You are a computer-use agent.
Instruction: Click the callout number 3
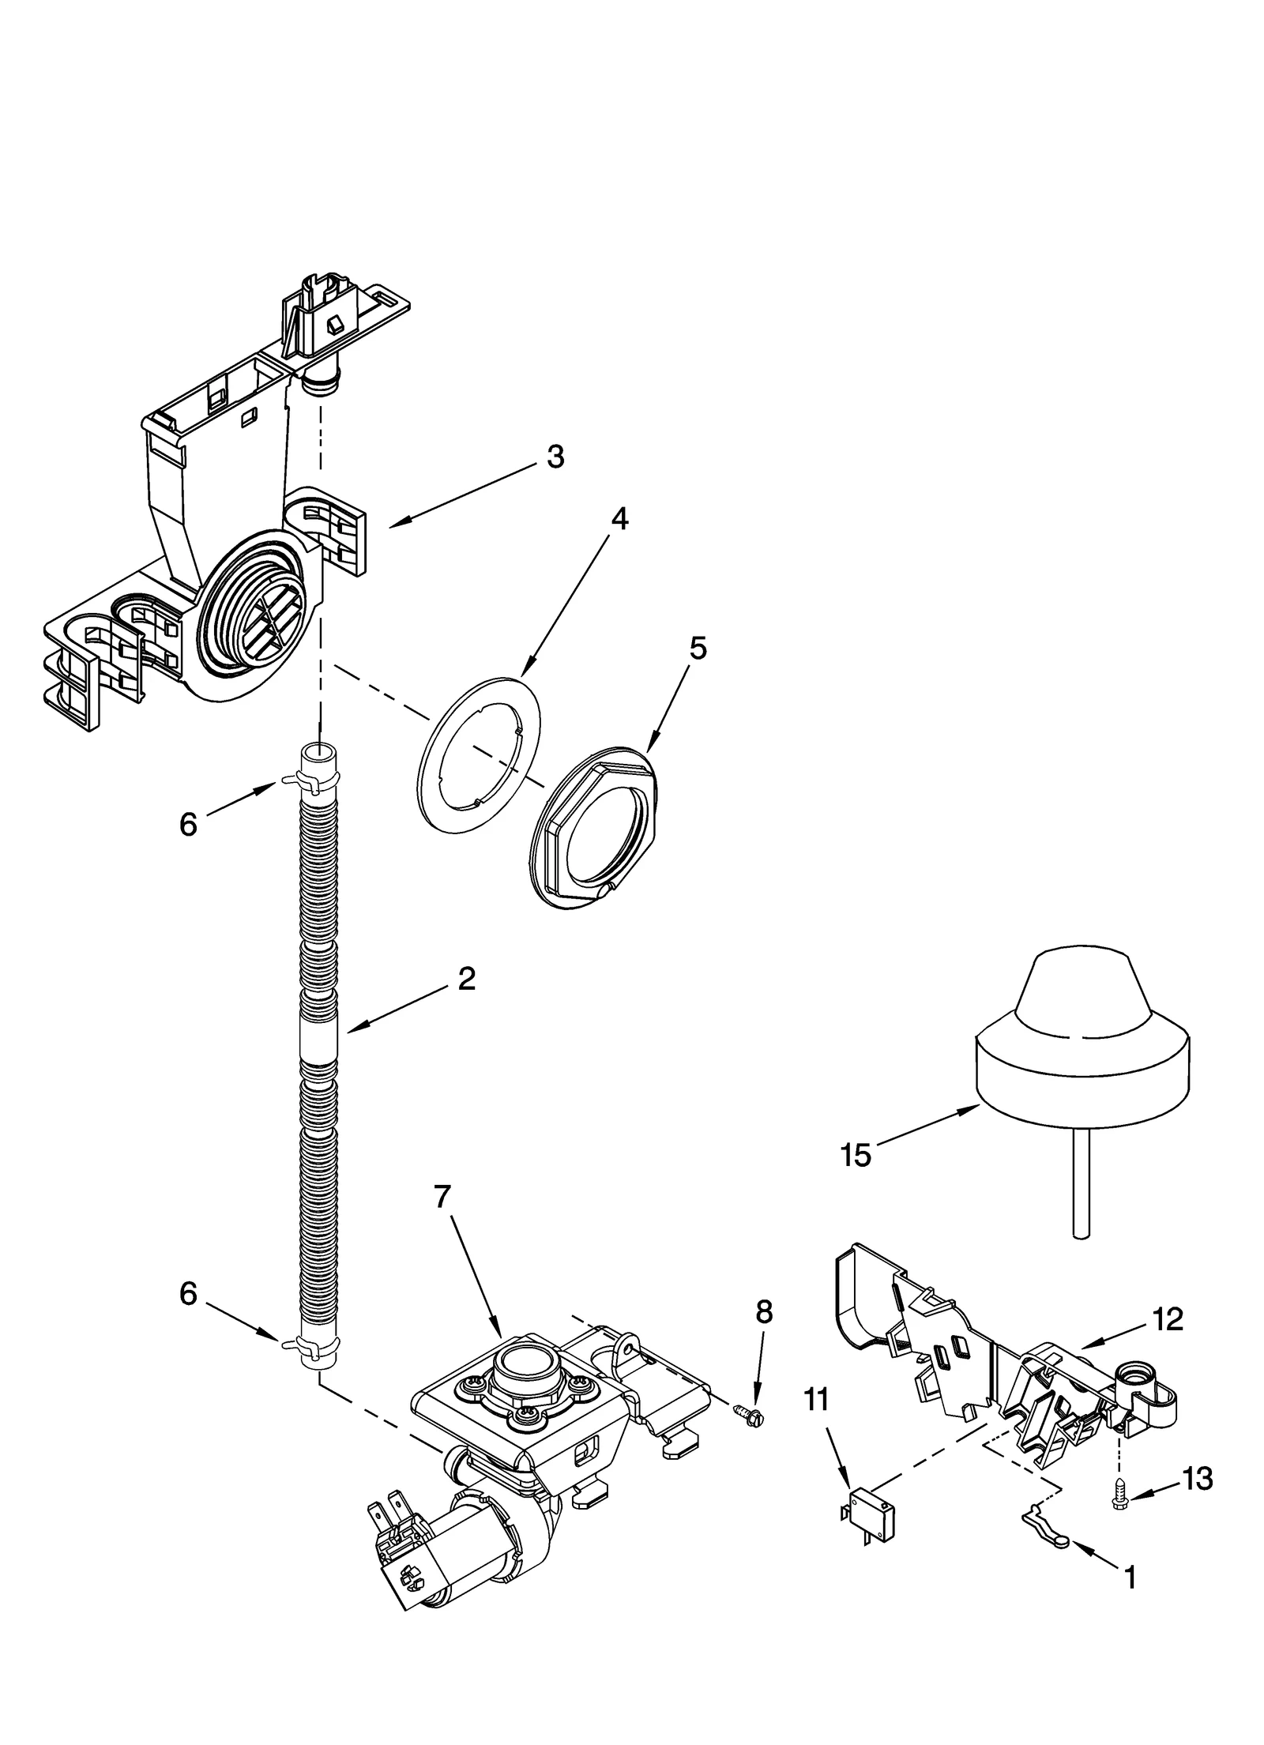[555, 457]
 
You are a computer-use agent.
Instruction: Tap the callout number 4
[619, 519]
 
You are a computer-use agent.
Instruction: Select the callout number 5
[698, 648]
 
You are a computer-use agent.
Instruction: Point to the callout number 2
[466, 979]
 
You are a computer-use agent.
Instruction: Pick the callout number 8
[763, 1312]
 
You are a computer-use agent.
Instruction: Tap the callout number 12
[1168, 1318]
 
